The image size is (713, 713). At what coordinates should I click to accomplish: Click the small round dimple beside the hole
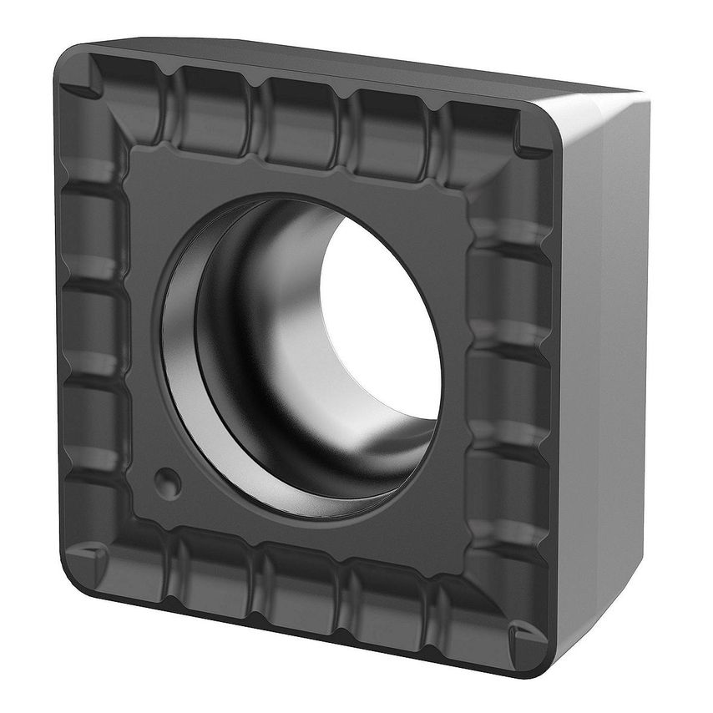167,481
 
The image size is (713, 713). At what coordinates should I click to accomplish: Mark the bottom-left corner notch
87,555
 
